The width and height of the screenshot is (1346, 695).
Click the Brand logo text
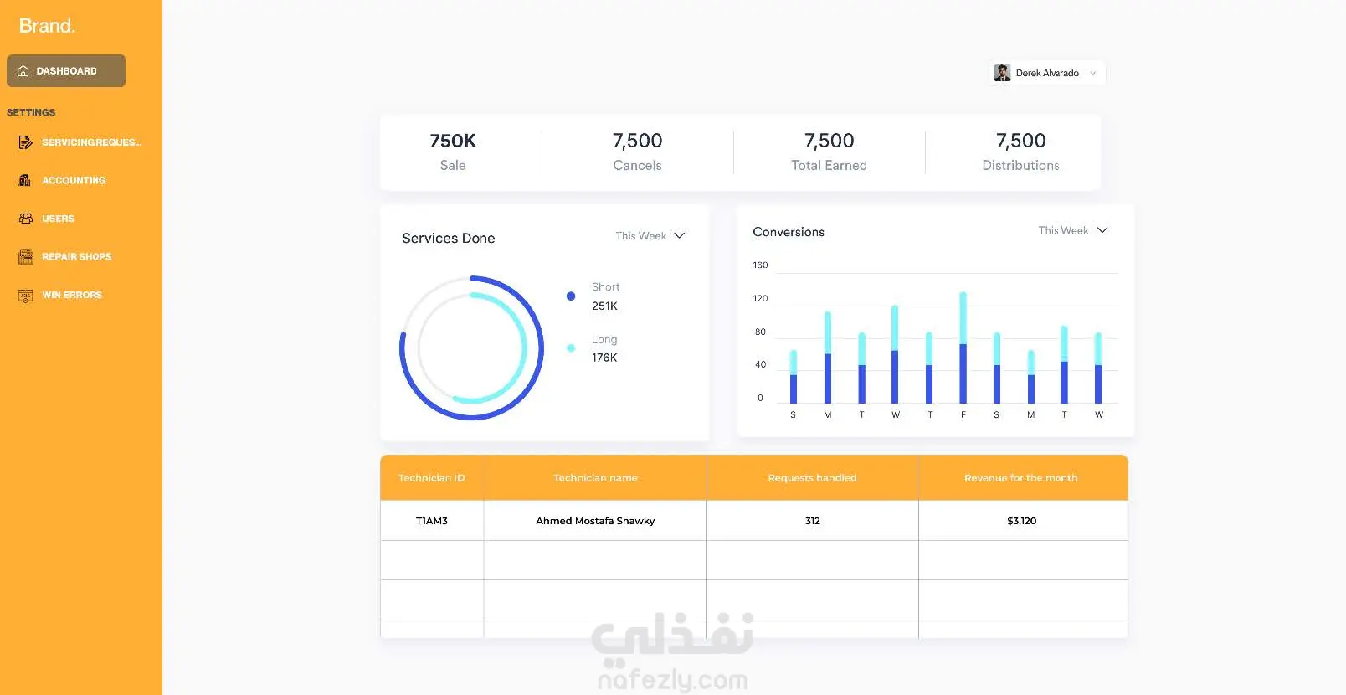pyautogui.click(x=47, y=26)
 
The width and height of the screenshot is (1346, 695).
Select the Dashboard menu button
pyautogui.click(x=66, y=71)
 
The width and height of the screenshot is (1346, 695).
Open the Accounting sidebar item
pyautogui.click(x=74, y=180)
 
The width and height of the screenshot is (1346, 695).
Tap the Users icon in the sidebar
pyautogui.click(x=25, y=219)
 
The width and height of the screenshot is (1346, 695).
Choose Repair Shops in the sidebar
pyautogui.click(x=76, y=257)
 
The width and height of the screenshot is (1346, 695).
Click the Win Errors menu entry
pyautogui.click(x=71, y=295)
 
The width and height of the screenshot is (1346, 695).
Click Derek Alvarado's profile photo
pyautogui.click(x=1002, y=73)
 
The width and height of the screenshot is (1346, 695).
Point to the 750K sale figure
pyautogui.click(x=453, y=141)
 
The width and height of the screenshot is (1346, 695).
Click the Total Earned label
pyautogui.click(x=829, y=165)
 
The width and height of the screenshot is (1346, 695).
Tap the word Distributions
pyautogui.click(x=1020, y=165)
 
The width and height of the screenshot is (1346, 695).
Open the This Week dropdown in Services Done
pyautogui.click(x=650, y=235)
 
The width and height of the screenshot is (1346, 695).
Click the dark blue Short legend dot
pyautogui.click(x=571, y=296)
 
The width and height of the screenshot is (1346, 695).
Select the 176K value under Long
pyautogui.click(x=604, y=358)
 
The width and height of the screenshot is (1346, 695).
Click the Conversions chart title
pyautogui.click(x=789, y=232)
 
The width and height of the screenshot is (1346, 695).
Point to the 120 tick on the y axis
pyautogui.click(x=760, y=298)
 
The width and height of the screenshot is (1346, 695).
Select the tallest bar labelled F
pyautogui.click(x=963, y=347)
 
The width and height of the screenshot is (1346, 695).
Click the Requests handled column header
pyautogui.click(x=812, y=478)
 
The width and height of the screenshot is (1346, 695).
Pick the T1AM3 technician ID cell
pyautogui.click(x=431, y=521)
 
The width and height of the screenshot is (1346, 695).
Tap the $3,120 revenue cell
pyautogui.click(x=1021, y=521)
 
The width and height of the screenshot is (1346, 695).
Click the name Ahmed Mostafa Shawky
pyautogui.click(x=595, y=521)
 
